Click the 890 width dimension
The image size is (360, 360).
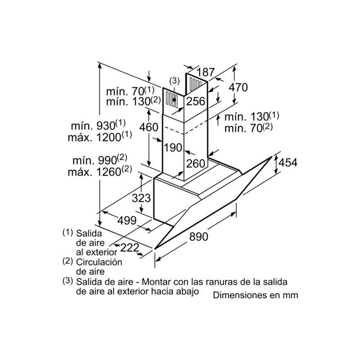(198, 236)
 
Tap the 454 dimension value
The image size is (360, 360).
(288, 162)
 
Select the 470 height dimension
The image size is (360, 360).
(238, 87)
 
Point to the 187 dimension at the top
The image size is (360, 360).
(206, 72)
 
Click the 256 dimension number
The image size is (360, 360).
(195, 101)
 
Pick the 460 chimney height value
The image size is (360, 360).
(149, 127)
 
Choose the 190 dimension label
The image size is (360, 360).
(173, 148)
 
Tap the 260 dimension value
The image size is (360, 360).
(195, 164)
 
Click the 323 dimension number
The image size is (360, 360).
(141, 198)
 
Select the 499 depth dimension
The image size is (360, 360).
(127, 220)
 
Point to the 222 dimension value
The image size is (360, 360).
(130, 247)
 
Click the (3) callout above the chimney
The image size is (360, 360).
(174, 81)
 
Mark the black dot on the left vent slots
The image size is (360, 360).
(174, 99)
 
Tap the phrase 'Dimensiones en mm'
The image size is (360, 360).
(256, 295)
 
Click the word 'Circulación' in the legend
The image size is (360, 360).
(99, 262)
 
